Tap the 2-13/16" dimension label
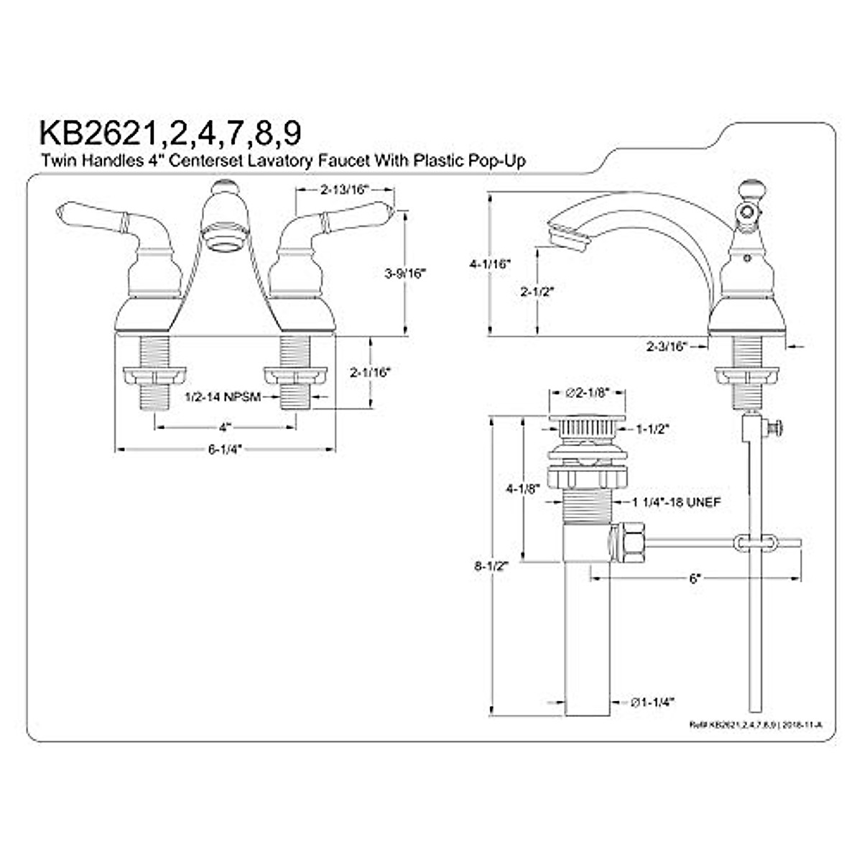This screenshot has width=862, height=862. [x=344, y=190]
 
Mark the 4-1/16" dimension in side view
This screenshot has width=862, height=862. [x=490, y=264]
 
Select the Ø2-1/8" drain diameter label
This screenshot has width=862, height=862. [x=588, y=393]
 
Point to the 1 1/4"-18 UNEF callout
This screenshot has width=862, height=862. [x=676, y=503]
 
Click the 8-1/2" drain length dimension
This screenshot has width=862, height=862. [x=491, y=565]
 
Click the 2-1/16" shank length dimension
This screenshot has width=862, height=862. [x=371, y=372]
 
